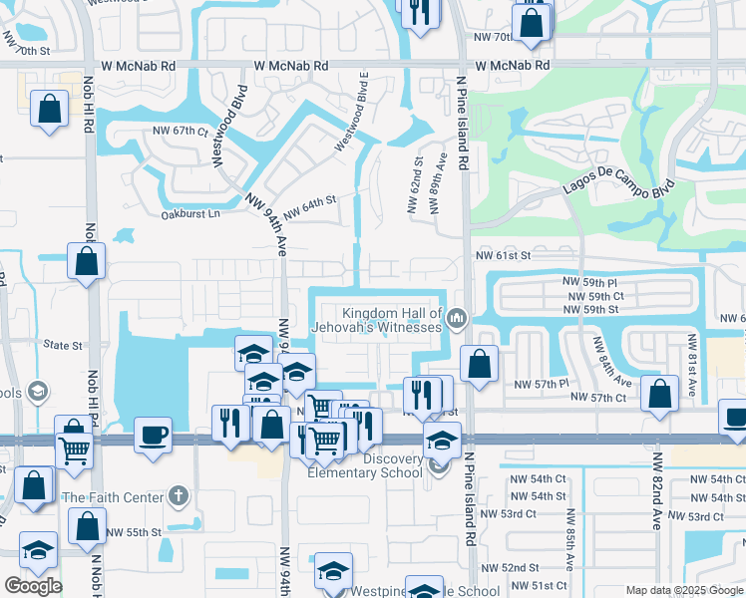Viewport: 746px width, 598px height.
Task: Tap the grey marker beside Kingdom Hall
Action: (x=458, y=319)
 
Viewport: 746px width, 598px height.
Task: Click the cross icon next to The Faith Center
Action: (x=178, y=495)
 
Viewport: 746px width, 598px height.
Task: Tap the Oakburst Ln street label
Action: (x=188, y=213)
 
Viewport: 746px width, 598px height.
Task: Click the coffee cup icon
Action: (x=153, y=435)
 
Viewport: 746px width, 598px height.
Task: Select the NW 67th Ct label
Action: (x=180, y=131)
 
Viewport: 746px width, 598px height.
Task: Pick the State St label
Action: (x=63, y=346)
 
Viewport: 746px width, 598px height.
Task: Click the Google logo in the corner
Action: (x=33, y=586)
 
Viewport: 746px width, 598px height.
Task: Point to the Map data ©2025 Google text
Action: (x=684, y=590)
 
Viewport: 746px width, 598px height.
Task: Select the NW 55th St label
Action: (x=135, y=532)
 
